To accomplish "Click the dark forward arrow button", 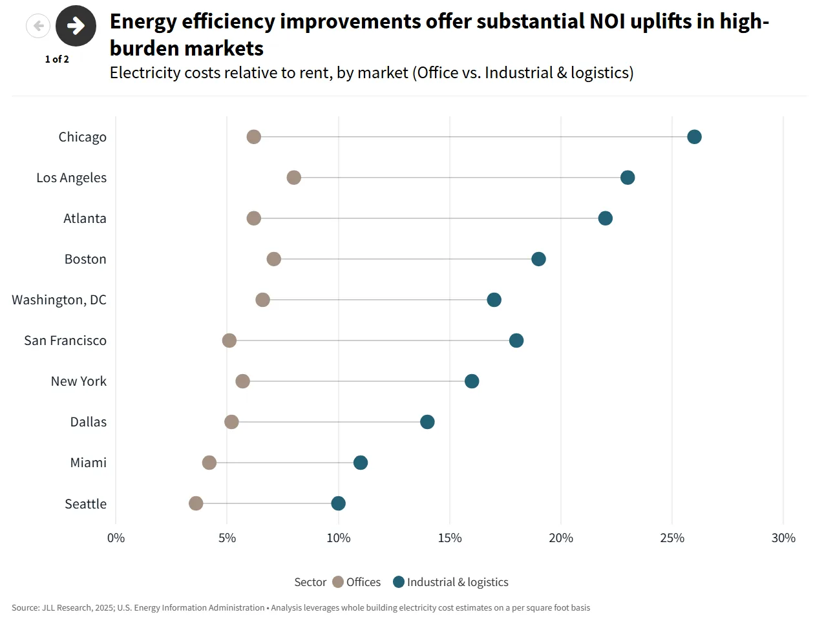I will tap(76, 26).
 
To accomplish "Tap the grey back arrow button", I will tap(38, 26).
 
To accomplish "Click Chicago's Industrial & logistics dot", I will tap(694, 136).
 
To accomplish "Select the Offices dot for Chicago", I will tap(254, 136).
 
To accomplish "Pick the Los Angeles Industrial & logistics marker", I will tap(628, 177).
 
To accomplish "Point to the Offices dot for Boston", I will tap(274, 259).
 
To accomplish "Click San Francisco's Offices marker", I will tap(229, 341).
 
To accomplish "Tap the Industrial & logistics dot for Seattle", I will tap(338, 503).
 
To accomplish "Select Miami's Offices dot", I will tap(209, 463).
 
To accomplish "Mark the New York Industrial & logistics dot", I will tap(472, 381).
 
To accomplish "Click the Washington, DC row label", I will tap(59, 300).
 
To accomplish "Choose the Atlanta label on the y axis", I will tap(85, 218).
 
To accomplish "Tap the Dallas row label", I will tap(89, 422).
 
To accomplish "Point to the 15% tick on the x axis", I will tap(450, 538).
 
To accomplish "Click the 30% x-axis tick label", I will tap(783, 538).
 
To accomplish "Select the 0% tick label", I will tap(116, 538).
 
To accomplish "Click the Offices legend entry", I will tap(357, 582).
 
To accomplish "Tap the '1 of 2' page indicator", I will tap(57, 59).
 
